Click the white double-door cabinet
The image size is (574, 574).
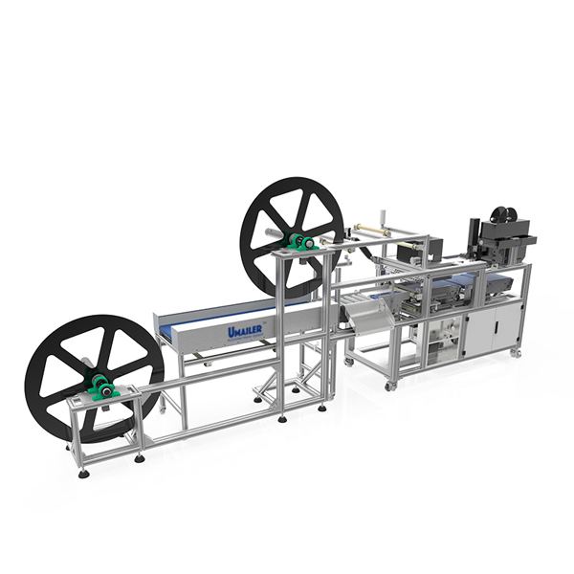[493, 326]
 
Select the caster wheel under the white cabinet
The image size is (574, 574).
[515, 352]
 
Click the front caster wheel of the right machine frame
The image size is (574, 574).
[390, 385]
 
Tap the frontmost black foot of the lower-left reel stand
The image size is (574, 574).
[84, 472]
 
